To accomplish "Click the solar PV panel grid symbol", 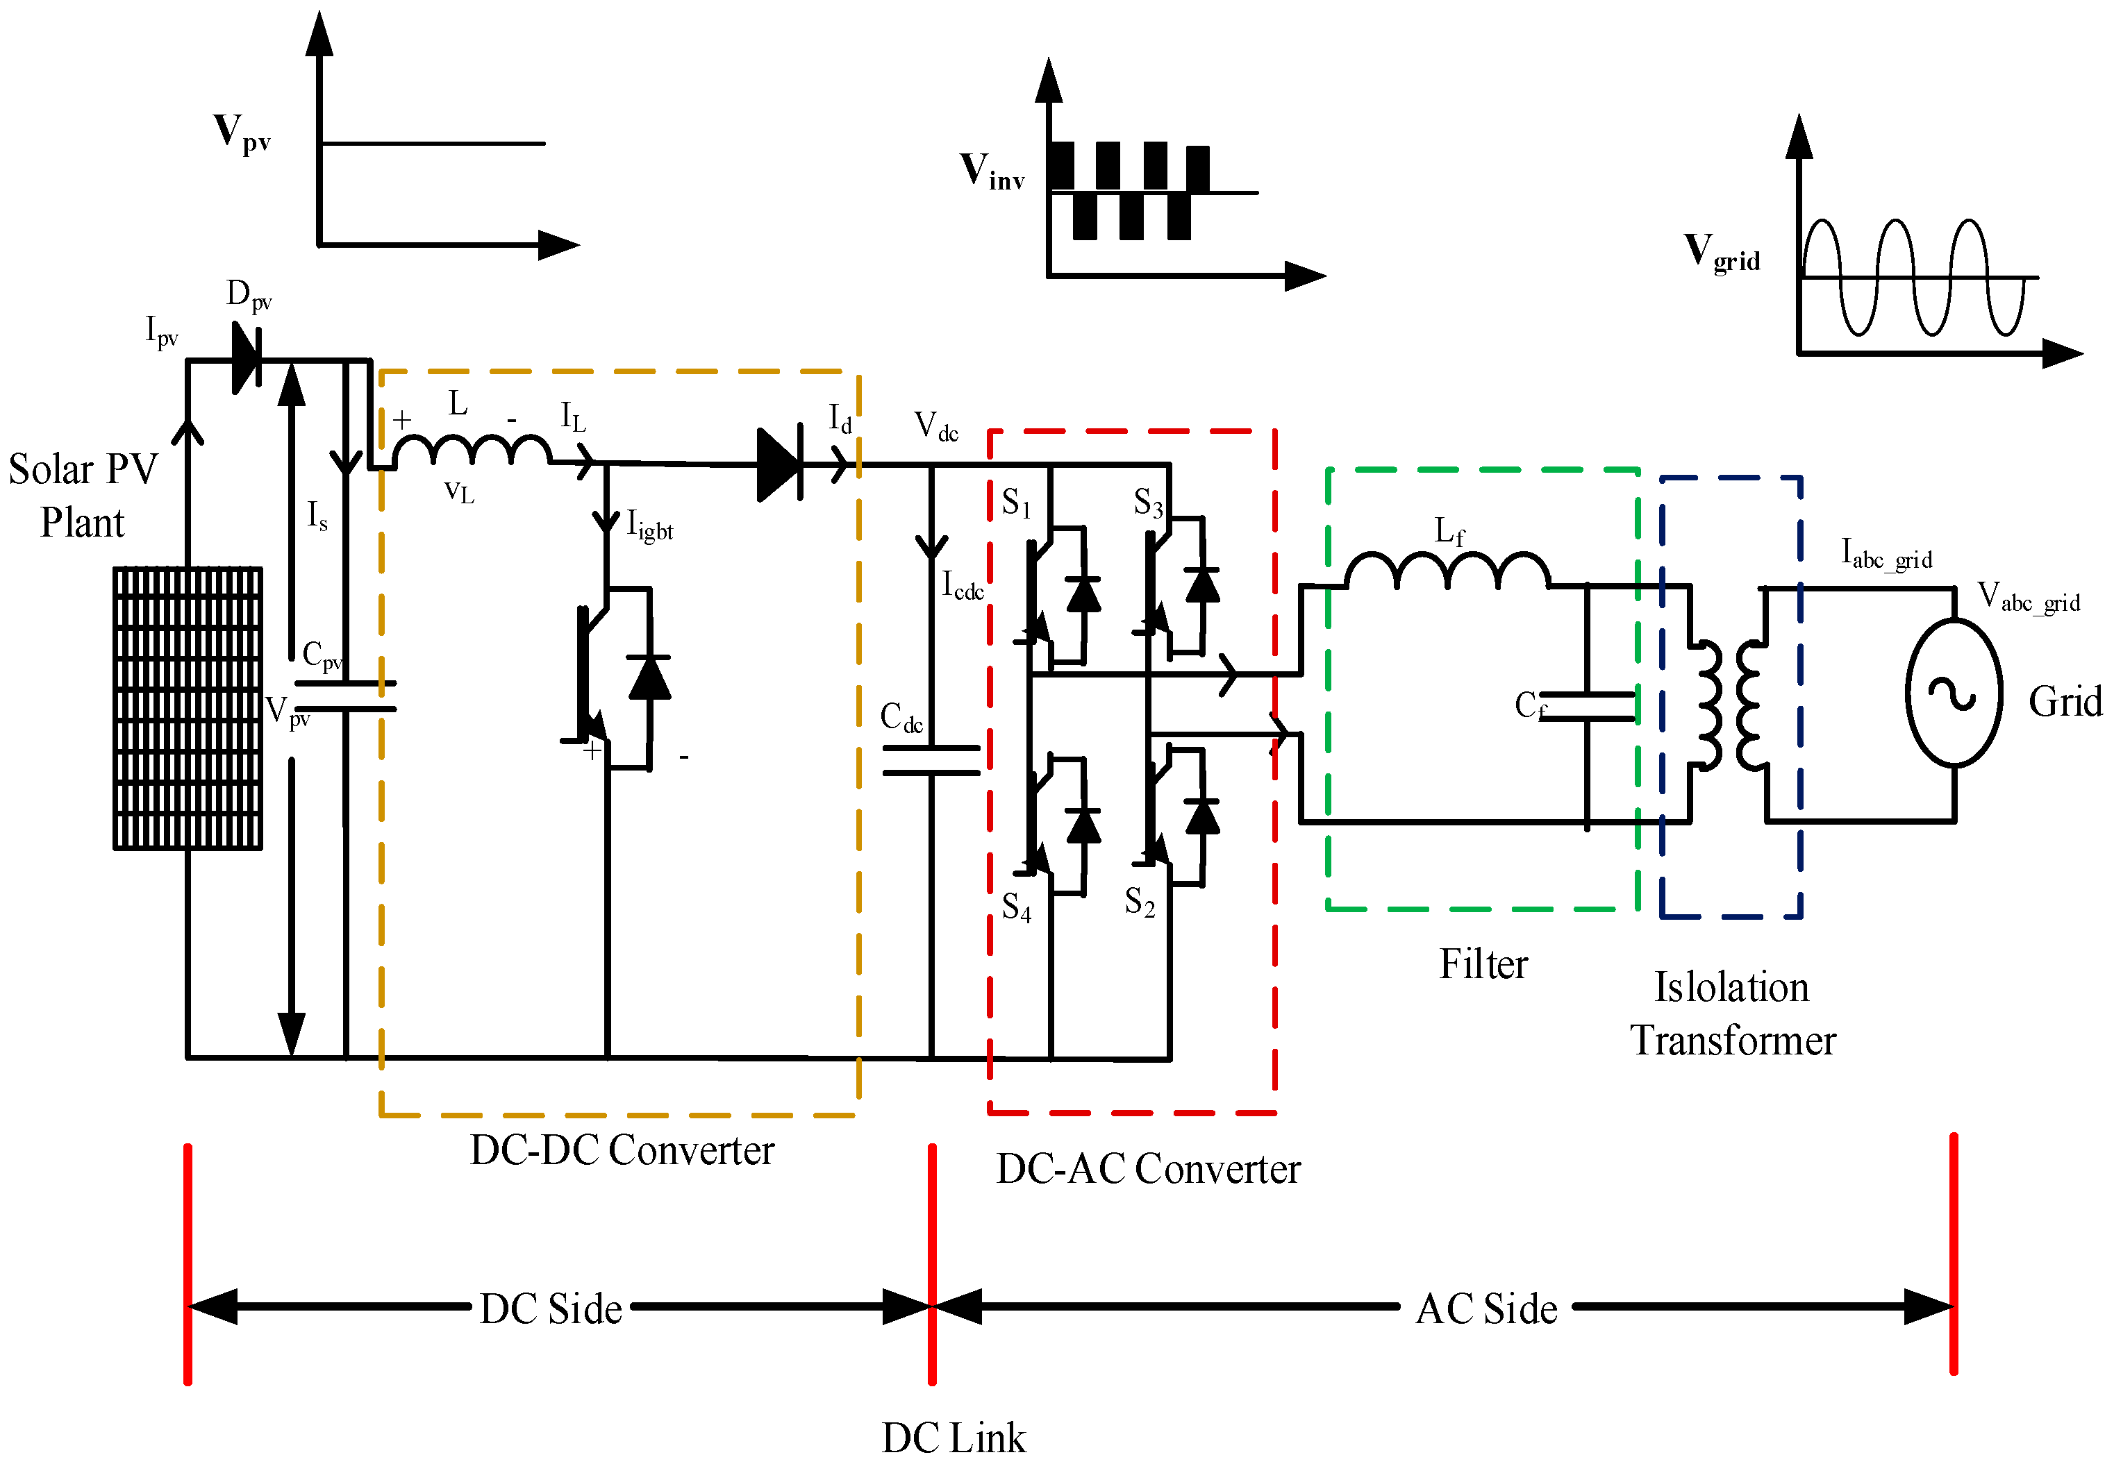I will (188, 707).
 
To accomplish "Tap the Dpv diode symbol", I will (246, 359).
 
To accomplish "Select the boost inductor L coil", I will (472, 450).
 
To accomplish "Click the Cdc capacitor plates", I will (931, 759).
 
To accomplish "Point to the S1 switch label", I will (1016, 503).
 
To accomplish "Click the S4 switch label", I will (1016, 907).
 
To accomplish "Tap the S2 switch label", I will (1139, 902).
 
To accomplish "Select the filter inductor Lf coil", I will (1447, 571).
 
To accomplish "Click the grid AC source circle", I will (1954, 693).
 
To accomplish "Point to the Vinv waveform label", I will (992, 171).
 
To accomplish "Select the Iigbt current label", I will (649, 525).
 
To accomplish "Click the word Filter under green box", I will (1483, 964).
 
